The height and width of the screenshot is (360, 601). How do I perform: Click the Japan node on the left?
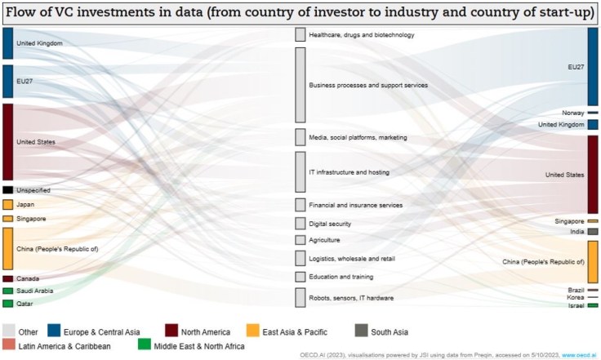(x=7, y=205)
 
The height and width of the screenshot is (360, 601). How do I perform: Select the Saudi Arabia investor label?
(x=35, y=291)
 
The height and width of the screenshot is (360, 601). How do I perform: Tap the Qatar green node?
(x=7, y=304)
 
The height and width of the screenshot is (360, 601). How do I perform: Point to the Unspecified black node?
(x=7, y=190)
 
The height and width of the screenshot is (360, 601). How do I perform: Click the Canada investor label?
(x=28, y=278)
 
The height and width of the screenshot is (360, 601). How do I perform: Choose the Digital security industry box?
(x=300, y=223)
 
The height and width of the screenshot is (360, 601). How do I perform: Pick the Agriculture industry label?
(x=324, y=240)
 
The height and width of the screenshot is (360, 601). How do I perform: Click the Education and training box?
(x=300, y=277)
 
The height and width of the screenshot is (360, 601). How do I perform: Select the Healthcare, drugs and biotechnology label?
(x=362, y=35)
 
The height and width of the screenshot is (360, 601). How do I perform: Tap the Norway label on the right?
(x=573, y=113)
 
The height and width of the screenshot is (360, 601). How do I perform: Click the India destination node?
(x=593, y=232)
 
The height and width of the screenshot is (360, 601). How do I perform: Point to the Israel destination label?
(x=577, y=305)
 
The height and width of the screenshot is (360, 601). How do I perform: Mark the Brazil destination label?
(x=576, y=290)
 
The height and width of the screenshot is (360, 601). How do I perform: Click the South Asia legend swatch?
(x=361, y=331)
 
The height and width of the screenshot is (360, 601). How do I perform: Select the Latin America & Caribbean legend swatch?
(x=9, y=346)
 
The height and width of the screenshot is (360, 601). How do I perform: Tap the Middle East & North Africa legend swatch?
(x=144, y=346)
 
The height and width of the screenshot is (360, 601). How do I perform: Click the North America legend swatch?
(x=171, y=331)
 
